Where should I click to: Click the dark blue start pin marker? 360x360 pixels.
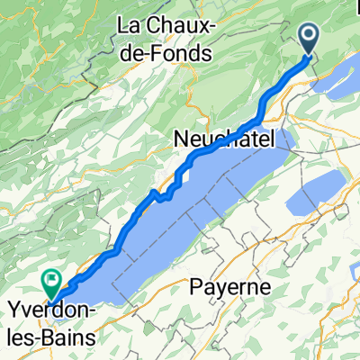click(x=309, y=39)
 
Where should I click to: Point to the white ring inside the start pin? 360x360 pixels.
click(x=309, y=36)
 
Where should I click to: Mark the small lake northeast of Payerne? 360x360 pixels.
click(x=319, y=193)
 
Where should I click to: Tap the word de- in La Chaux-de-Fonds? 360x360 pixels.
click(x=146, y=53)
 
